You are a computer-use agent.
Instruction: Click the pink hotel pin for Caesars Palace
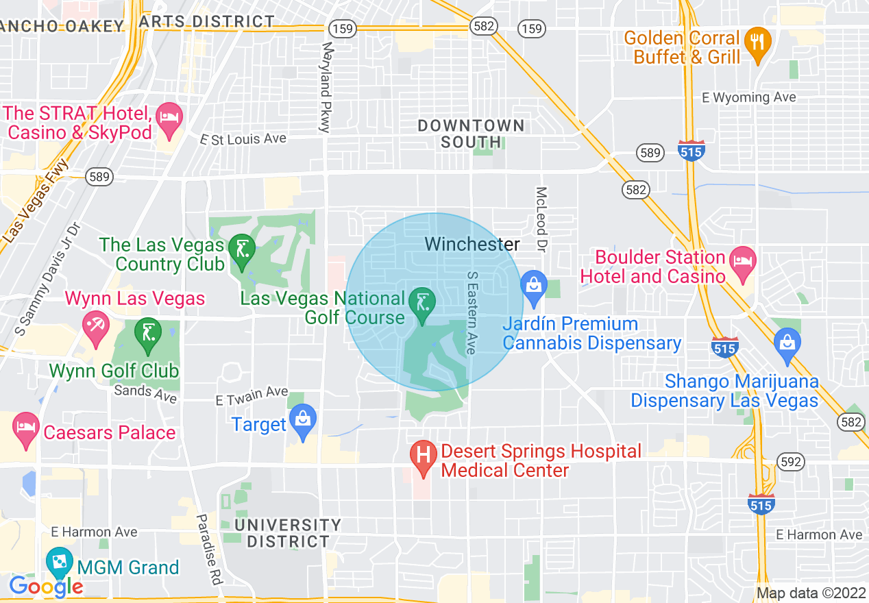pyautogui.click(x=26, y=429)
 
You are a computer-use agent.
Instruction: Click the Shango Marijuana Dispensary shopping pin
pyautogui.click(x=787, y=343)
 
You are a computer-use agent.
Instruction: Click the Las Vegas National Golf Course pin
pyautogui.click(x=422, y=304)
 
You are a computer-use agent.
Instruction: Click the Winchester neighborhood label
pyautogui.click(x=472, y=244)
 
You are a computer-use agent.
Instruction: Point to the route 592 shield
pyautogui.click(x=791, y=462)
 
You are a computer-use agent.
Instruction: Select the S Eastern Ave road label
pyautogui.click(x=472, y=312)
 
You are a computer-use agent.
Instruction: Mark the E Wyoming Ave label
pyautogui.click(x=749, y=97)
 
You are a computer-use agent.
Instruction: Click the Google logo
pyautogui.click(x=45, y=587)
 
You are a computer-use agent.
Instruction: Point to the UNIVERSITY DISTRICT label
pyautogui.click(x=288, y=533)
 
